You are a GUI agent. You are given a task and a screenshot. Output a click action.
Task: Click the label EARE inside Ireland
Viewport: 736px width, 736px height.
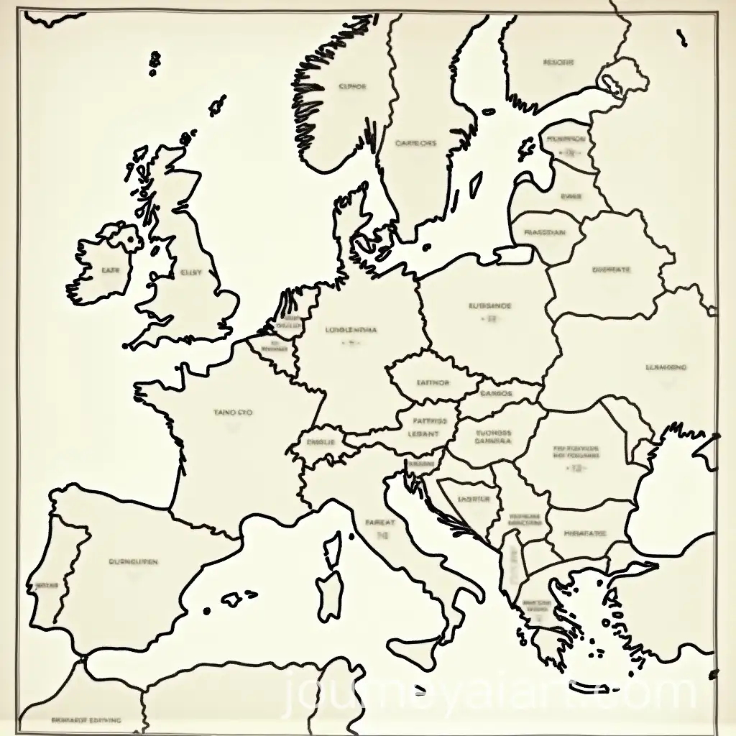[x=111, y=271]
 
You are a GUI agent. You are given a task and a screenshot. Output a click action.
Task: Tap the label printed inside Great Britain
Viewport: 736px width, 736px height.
[x=190, y=272]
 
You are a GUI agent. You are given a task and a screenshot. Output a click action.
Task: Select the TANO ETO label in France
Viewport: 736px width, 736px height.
[x=234, y=413]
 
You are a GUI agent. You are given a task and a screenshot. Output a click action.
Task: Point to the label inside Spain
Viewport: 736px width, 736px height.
[x=134, y=561]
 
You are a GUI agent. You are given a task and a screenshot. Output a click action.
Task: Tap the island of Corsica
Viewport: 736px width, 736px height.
[x=331, y=549]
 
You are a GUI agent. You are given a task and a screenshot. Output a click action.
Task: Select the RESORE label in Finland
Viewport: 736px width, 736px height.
[x=559, y=63]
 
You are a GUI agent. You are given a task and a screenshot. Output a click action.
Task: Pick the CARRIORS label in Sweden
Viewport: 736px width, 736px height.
[x=416, y=143]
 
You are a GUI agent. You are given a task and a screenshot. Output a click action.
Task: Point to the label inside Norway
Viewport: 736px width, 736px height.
[x=352, y=86]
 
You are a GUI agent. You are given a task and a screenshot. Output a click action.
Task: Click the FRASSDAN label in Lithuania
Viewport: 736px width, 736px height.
[x=544, y=233]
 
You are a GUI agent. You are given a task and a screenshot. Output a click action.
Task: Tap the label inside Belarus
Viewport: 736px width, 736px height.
[x=611, y=270]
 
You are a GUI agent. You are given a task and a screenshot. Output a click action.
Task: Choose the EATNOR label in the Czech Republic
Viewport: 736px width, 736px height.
[x=433, y=383]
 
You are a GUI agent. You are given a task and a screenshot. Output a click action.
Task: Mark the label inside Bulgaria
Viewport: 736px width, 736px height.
[x=584, y=534]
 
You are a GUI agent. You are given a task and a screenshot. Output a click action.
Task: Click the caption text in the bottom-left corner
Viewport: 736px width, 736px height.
[x=86, y=719]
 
